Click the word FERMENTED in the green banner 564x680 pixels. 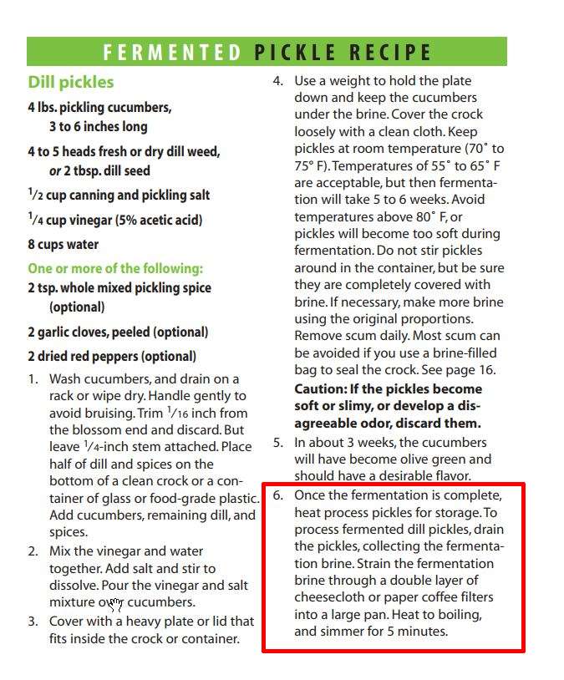pyautogui.click(x=171, y=53)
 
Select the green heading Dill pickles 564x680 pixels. pyautogui.click(x=70, y=82)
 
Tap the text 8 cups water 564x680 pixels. pyautogui.click(x=63, y=245)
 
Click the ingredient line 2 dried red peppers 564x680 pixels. pyautogui.click(x=111, y=356)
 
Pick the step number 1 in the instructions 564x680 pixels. pyautogui.click(x=33, y=379)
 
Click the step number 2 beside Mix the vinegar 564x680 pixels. pyautogui.click(x=33, y=551)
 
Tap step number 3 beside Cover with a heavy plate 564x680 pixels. pyautogui.click(x=33, y=622)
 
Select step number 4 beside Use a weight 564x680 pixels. pyautogui.click(x=278, y=81)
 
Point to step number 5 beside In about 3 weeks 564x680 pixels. pyautogui.click(x=278, y=443)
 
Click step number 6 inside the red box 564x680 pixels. pyautogui.click(x=278, y=495)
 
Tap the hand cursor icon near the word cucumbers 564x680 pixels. pyautogui.click(x=115, y=604)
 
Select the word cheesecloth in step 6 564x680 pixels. pyautogui.click(x=331, y=597)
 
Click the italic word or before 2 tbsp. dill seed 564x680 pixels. pyautogui.click(x=55, y=170)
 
